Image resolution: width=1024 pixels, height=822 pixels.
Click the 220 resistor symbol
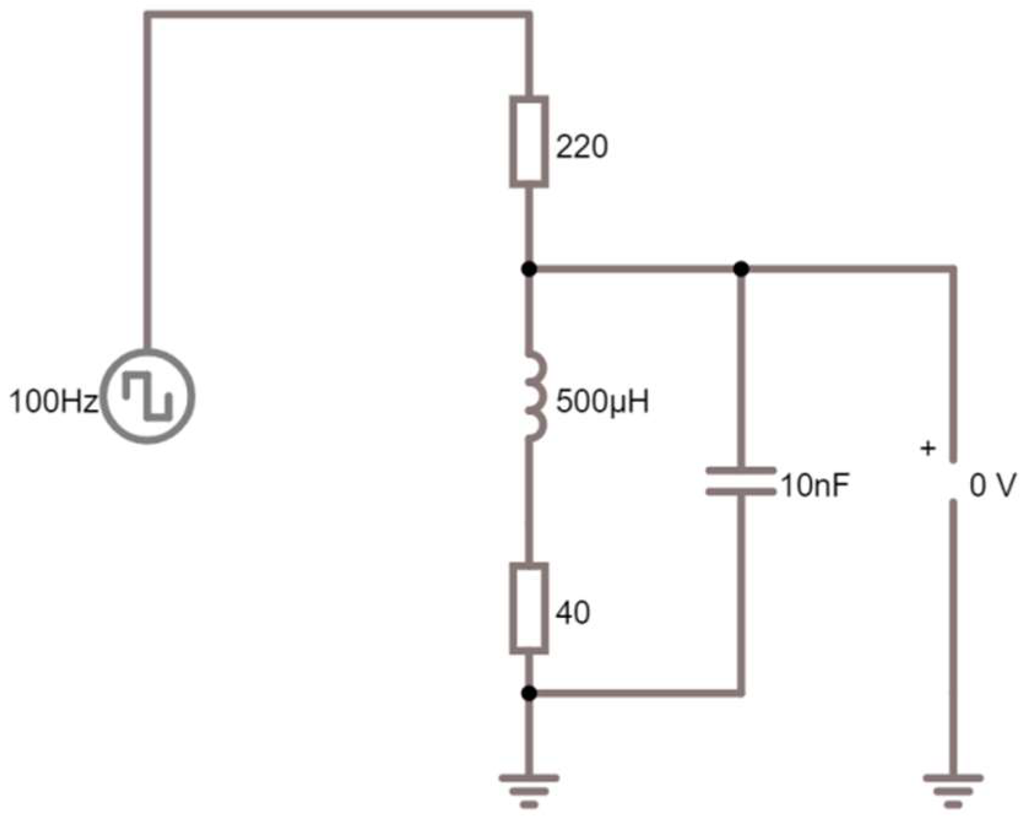tap(529, 142)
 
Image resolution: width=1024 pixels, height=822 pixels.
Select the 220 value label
tap(582, 147)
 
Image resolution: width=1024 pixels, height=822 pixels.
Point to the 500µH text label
tap(602, 402)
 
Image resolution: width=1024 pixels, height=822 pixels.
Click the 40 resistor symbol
tap(529, 607)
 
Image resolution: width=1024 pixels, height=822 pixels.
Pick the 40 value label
tap(573, 612)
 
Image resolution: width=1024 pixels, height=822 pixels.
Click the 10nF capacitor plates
tap(741, 481)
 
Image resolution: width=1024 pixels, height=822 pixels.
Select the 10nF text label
tap(814, 485)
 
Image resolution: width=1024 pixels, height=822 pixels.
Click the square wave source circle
tap(148, 396)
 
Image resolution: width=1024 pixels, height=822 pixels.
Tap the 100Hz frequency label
tap(53, 403)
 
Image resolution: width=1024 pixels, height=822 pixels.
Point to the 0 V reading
tap(992, 485)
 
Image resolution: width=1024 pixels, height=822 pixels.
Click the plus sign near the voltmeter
tap(928, 449)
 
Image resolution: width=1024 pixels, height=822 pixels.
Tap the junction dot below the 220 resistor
tap(529, 268)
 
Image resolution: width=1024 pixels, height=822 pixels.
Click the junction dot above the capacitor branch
tap(741, 268)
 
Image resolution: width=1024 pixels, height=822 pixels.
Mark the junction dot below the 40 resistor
tap(529, 693)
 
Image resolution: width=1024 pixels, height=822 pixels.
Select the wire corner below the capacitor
tap(741, 693)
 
